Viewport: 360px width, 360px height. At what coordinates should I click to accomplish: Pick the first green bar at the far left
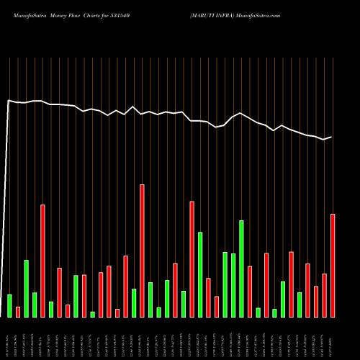click(9, 305)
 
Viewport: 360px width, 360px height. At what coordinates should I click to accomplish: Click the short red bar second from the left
click(18, 312)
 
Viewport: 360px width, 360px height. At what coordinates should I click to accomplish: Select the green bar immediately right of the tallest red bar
click(150, 300)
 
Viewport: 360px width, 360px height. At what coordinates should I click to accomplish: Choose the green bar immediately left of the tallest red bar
click(134, 302)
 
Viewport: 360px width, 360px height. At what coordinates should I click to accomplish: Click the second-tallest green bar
click(200, 274)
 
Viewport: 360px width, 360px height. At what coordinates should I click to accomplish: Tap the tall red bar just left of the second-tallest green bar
click(192, 259)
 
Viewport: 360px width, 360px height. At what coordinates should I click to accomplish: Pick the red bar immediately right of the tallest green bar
click(250, 292)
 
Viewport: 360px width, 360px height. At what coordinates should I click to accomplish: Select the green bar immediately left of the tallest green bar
click(233, 285)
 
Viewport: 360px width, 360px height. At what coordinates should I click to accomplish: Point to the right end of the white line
click(331, 137)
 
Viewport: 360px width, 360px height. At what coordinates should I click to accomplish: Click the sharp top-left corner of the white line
click(9, 101)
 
